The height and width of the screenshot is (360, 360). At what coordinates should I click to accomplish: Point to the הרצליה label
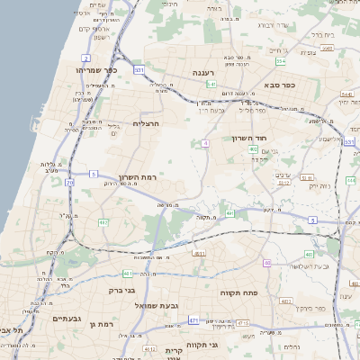pos(146,122)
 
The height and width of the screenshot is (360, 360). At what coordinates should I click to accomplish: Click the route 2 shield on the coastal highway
pos(85,58)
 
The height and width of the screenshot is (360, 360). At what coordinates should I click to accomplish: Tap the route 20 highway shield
pos(71,183)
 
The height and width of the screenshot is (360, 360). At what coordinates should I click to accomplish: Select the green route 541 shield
pos(211,84)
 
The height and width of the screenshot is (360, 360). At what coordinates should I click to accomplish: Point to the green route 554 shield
pos(281,62)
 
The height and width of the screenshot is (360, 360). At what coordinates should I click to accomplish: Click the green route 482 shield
pos(103,222)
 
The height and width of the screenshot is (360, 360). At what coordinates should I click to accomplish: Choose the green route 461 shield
pos(128,274)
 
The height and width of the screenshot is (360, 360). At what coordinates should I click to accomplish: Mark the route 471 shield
pos(193,320)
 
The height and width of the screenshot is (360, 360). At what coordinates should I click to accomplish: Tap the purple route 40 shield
pos(267,263)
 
